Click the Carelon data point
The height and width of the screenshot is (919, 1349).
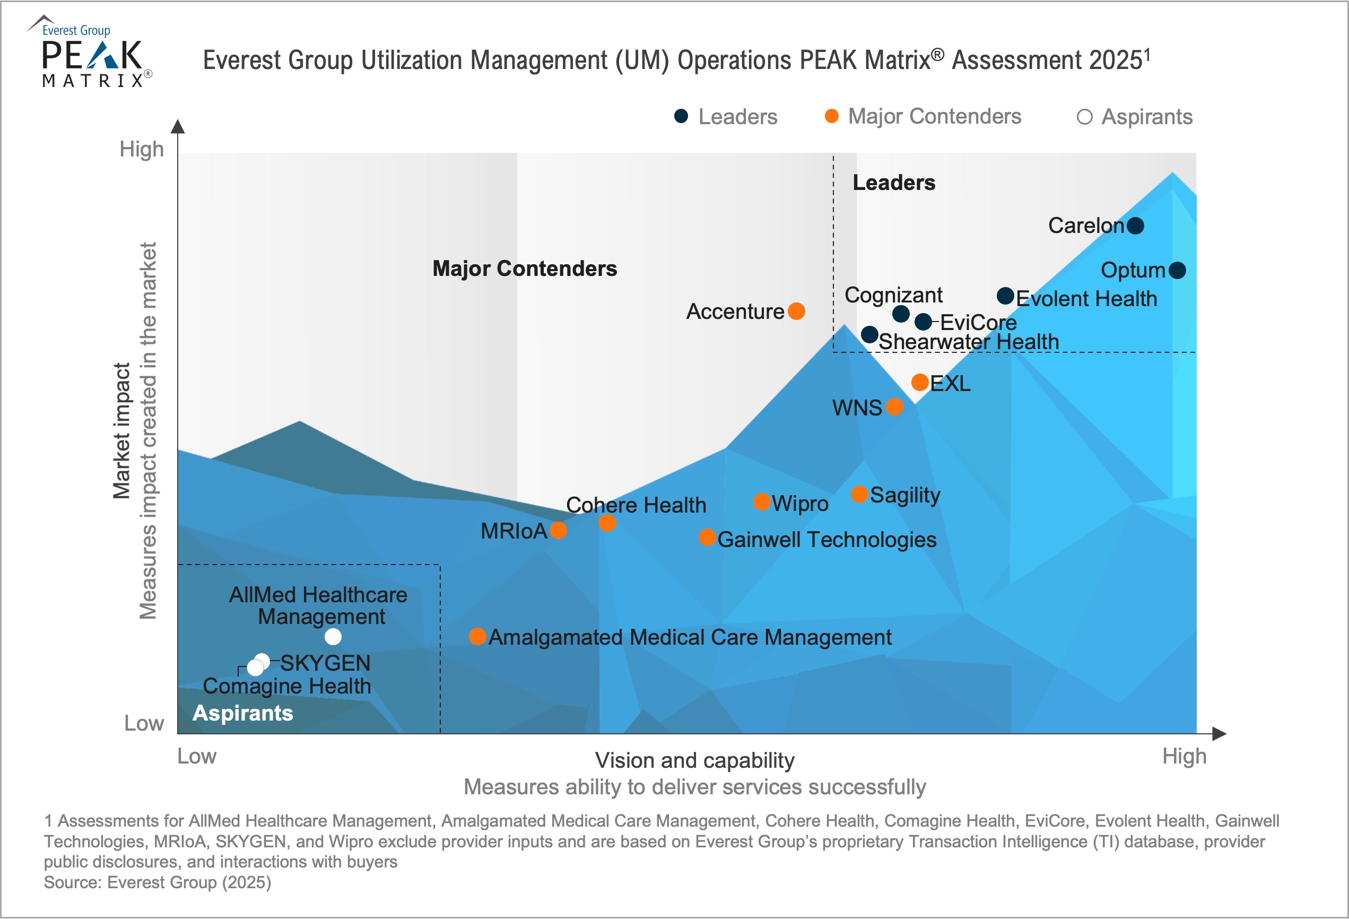pyautogui.click(x=1135, y=226)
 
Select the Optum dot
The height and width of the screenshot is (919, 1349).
pyautogui.click(x=1177, y=270)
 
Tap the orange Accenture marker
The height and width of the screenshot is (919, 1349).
pyautogui.click(x=796, y=311)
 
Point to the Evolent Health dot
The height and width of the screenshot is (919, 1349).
pyautogui.click(x=1005, y=296)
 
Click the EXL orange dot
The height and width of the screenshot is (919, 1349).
pyautogui.click(x=919, y=382)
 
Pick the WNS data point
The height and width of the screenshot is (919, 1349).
pyautogui.click(x=894, y=406)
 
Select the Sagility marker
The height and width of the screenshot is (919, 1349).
pyautogui.click(x=859, y=494)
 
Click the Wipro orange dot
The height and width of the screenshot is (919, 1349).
pyautogui.click(x=762, y=501)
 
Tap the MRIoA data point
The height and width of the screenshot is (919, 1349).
pyautogui.click(x=558, y=530)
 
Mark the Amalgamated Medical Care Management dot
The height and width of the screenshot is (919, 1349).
pyautogui.click(x=477, y=636)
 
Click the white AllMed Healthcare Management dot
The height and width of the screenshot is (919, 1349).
pyautogui.click(x=333, y=637)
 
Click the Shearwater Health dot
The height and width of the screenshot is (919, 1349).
pyautogui.click(x=869, y=334)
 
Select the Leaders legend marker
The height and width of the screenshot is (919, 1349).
pyautogui.click(x=681, y=116)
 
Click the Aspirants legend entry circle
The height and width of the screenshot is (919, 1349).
pyautogui.click(x=1084, y=117)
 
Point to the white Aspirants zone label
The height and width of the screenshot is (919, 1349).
pyautogui.click(x=242, y=713)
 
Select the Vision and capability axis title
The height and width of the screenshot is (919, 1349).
pyautogui.click(x=695, y=760)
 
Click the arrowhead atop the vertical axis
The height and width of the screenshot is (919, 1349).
pyautogui.click(x=178, y=127)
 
